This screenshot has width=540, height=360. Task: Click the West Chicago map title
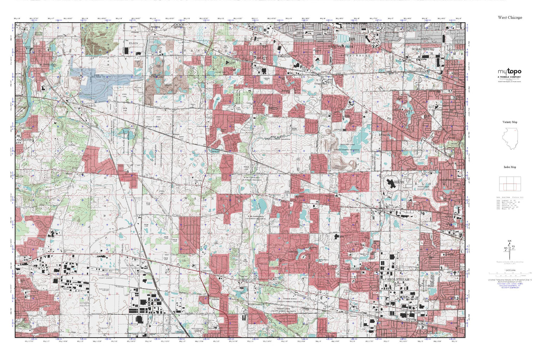(x=510, y=17)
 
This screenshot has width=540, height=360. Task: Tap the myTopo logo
(x=509, y=72)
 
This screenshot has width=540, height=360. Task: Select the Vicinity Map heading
(x=510, y=122)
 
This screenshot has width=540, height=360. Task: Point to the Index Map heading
(x=510, y=167)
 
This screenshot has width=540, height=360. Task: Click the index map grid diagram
(x=510, y=184)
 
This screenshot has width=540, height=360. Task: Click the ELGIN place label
(x=133, y=43)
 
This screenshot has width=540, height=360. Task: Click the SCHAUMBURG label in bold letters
(x=423, y=49)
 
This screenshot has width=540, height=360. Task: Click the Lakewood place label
(x=206, y=271)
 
